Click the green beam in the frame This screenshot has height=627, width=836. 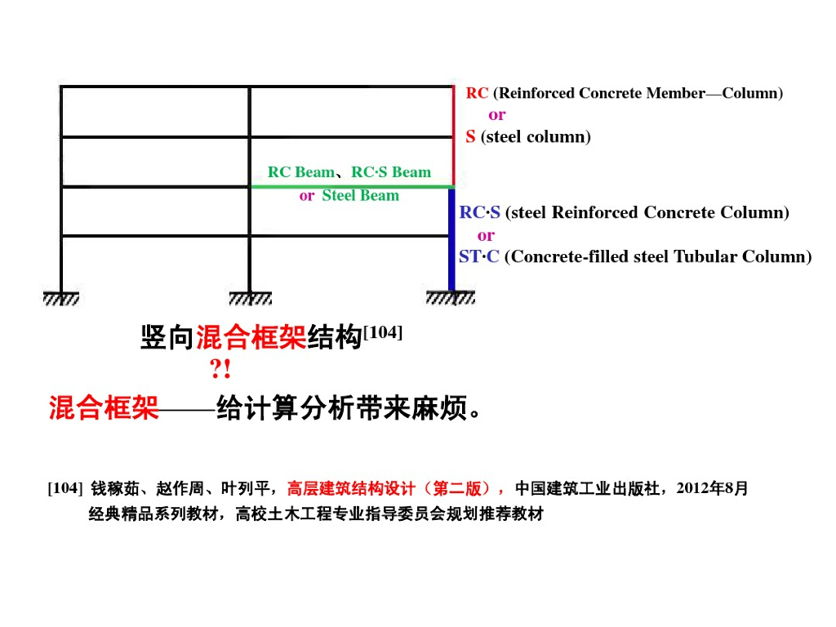click(351, 187)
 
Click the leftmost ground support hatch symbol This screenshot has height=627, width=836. click(61, 299)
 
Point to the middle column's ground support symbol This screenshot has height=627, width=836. click(250, 299)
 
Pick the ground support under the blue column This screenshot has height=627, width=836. click(451, 299)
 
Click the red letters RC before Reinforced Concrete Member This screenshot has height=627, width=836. click(477, 93)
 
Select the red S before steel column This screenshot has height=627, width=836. click(470, 137)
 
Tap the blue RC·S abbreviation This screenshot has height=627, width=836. click(479, 213)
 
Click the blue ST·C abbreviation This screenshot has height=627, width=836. click(478, 257)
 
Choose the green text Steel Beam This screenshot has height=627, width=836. click(360, 196)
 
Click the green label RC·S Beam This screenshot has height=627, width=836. click(391, 172)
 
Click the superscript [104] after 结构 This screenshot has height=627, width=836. click(382, 332)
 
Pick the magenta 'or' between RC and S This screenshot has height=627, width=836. click(496, 115)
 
